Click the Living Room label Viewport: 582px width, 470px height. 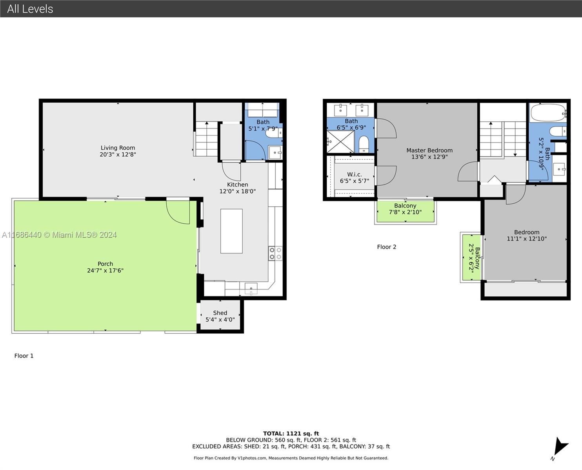pos(118,148)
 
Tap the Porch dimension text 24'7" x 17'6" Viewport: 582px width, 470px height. pos(105,270)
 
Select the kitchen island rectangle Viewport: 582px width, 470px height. pos(231,231)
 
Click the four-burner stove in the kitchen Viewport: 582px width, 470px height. pos(275,253)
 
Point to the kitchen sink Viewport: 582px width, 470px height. pos(251,289)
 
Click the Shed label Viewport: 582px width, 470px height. pos(220,313)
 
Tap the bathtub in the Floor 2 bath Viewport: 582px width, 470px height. pos(548,113)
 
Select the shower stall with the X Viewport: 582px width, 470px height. pos(340,141)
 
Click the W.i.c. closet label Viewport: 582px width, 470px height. pos(355,174)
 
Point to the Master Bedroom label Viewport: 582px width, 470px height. pos(429,150)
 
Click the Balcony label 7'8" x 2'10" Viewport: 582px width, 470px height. pos(405,209)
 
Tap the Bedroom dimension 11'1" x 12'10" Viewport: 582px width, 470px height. pos(527,239)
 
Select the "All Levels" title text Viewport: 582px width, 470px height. pos(30,9)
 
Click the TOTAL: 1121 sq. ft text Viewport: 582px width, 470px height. pos(291,434)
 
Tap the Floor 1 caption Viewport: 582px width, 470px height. pos(24,356)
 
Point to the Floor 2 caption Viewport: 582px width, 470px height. pos(386,247)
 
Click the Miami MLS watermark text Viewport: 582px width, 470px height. pos(59,235)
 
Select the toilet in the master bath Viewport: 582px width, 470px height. pos(364,144)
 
